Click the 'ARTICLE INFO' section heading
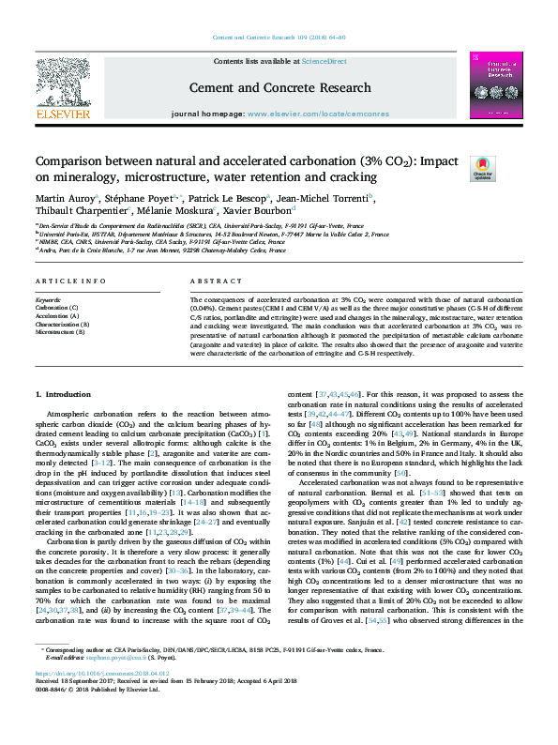click(68, 281)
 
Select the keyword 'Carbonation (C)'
click(57, 308)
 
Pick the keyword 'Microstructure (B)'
click(61, 332)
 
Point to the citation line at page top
click(279, 37)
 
